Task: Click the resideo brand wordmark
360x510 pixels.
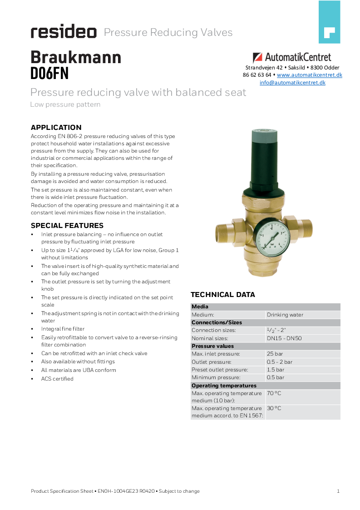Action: click(x=64, y=32)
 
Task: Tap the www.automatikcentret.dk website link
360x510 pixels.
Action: click(x=309, y=75)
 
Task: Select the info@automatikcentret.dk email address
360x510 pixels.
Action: click(x=292, y=83)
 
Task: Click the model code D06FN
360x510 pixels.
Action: click(x=49, y=73)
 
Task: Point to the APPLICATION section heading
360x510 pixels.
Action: click(x=56, y=128)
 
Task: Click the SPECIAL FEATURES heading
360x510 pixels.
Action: click(x=67, y=226)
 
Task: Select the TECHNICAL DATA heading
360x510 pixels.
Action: click(x=222, y=295)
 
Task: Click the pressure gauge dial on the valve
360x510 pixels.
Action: click(x=271, y=238)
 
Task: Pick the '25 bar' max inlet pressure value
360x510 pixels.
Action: click(x=275, y=354)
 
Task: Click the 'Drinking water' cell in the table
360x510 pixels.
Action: click(x=285, y=315)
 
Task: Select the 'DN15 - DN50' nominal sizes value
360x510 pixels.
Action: click(x=284, y=338)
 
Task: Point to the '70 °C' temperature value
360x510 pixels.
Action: click(x=274, y=393)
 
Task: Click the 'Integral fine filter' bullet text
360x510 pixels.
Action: click(x=63, y=329)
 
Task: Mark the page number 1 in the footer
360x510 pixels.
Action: click(x=338, y=491)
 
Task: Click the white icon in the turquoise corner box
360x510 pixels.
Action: click(x=329, y=33)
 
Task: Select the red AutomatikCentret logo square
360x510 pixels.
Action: click(x=257, y=58)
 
